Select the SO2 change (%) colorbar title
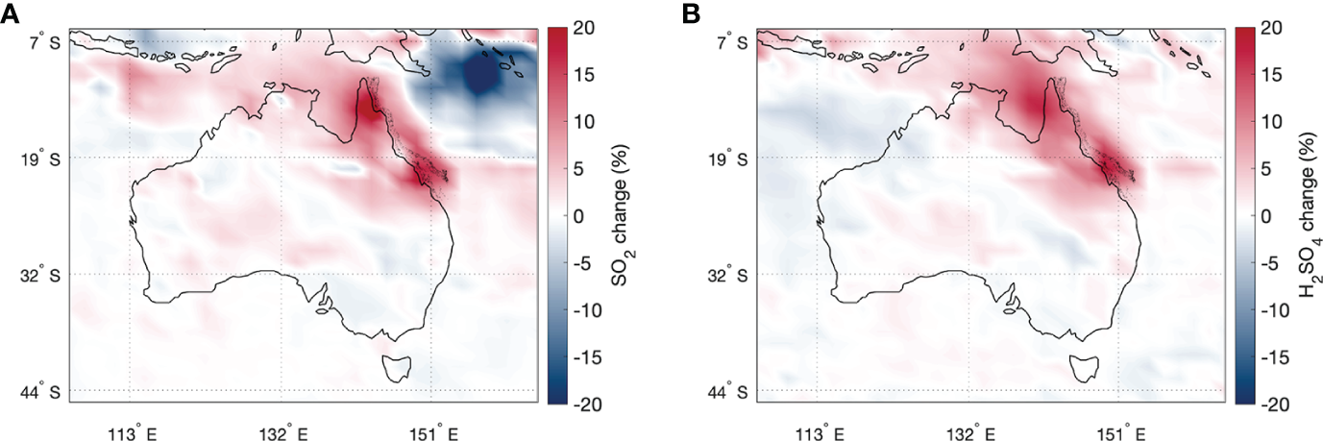tap(620, 216)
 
